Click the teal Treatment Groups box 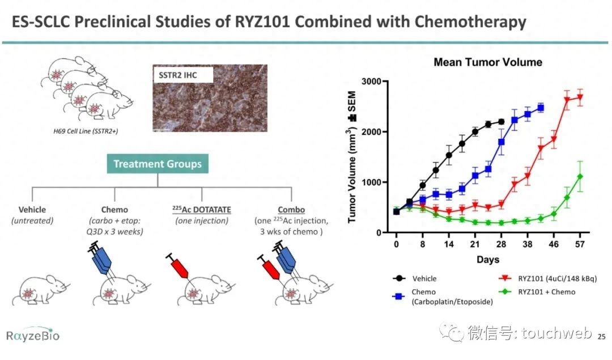point(157,164)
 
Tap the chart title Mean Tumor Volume point(487,62)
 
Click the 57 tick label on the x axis point(580,245)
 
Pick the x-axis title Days point(487,260)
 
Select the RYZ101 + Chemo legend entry point(546,292)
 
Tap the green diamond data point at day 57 point(580,176)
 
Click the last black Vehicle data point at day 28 point(501,121)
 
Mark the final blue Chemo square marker point(541,108)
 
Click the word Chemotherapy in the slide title point(470,23)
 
